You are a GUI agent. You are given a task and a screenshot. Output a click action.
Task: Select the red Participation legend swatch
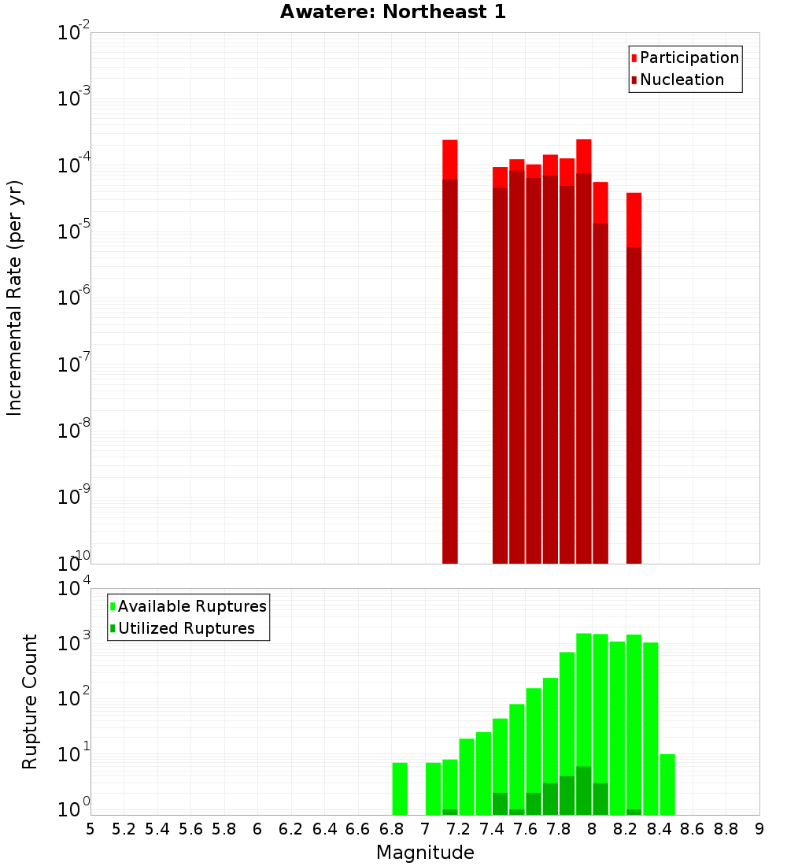tap(634, 58)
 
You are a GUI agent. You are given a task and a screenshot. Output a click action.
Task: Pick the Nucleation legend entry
tap(682, 80)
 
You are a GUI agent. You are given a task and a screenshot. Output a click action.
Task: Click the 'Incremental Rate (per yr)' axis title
tap(15, 298)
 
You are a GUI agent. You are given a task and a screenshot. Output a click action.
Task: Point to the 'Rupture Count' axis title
tap(30, 701)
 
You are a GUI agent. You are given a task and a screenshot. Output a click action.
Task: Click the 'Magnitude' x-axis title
tap(425, 853)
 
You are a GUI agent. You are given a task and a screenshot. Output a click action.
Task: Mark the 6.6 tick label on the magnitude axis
tap(358, 829)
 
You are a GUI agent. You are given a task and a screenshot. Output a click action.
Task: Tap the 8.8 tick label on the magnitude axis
tap(726, 829)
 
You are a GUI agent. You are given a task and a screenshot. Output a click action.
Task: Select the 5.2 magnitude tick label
tap(124, 829)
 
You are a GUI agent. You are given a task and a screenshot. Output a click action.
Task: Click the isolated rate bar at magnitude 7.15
tap(450, 354)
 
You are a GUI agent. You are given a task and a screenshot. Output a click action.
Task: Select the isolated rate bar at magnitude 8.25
tap(634, 378)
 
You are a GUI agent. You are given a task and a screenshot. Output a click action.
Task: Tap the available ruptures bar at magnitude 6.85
tap(400, 788)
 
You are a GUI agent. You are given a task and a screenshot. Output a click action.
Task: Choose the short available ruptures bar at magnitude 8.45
tap(667, 784)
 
